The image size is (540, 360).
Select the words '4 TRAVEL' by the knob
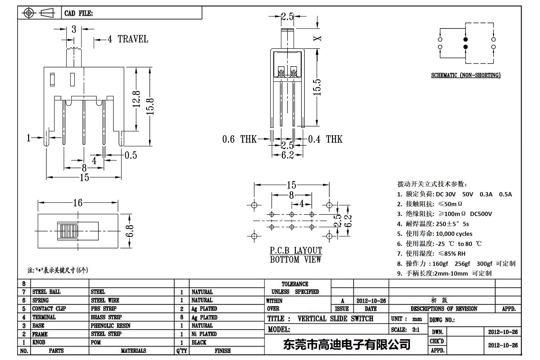pyautogui.click(x=128, y=39)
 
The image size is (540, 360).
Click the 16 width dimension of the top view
pyautogui.click(x=78, y=202)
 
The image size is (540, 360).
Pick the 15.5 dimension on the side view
pyautogui.click(x=317, y=87)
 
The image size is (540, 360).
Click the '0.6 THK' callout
pyautogui.click(x=239, y=139)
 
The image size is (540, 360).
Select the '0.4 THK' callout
pyautogui.click(x=325, y=139)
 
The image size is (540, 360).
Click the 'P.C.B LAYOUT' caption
pyautogui.click(x=296, y=250)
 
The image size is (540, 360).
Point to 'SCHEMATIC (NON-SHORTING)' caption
pyautogui.click(x=465, y=75)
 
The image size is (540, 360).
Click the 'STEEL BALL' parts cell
pyautogui.click(x=46, y=292)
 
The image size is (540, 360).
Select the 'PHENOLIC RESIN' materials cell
pyautogui.click(x=110, y=326)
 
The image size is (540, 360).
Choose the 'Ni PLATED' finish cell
pyautogui.click(x=204, y=334)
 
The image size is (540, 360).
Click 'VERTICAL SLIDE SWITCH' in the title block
pyautogui.click(x=335, y=319)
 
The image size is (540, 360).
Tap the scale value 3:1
pyautogui.click(x=415, y=330)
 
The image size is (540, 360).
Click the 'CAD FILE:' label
pyautogui.click(x=79, y=13)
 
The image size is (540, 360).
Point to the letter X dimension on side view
pyautogui.click(x=317, y=38)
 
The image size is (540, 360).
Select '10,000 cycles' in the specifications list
pyautogui.click(x=454, y=233)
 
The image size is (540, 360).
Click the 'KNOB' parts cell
pyautogui.click(x=39, y=342)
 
